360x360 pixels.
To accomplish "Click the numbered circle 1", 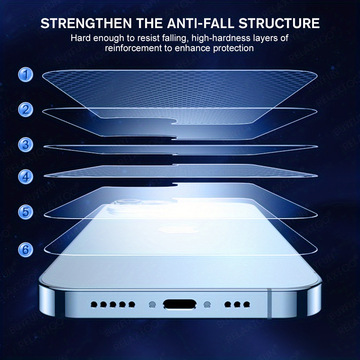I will [x=26, y=75].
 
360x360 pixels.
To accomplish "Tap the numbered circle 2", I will [x=26, y=109].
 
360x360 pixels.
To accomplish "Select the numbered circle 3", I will [x=26, y=145].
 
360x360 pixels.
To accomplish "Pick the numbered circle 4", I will [x=26, y=176].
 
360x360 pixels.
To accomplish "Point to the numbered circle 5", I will [x=26, y=212].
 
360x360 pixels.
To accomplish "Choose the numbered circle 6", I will [x=26, y=249].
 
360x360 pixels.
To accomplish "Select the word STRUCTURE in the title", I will [x=279, y=23].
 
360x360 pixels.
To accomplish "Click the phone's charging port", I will [x=180, y=304].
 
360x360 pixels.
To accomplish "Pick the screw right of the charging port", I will [x=207, y=304].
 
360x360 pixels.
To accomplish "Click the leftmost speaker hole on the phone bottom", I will [x=94, y=305].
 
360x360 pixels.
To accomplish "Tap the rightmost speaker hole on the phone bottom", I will [x=247, y=305].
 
